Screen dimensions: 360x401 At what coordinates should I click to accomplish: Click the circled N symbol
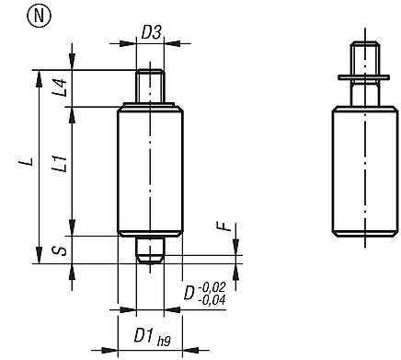[x=17, y=16]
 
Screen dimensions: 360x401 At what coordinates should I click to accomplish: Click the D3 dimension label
[x=152, y=33]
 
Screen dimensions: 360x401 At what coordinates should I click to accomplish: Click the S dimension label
[x=60, y=250]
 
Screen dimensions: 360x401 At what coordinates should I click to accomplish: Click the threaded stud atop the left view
[x=151, y=88]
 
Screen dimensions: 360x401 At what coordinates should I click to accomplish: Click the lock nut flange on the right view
[x=364, y=77]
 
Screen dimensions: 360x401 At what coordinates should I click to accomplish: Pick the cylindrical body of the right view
[x=364, y=170]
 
